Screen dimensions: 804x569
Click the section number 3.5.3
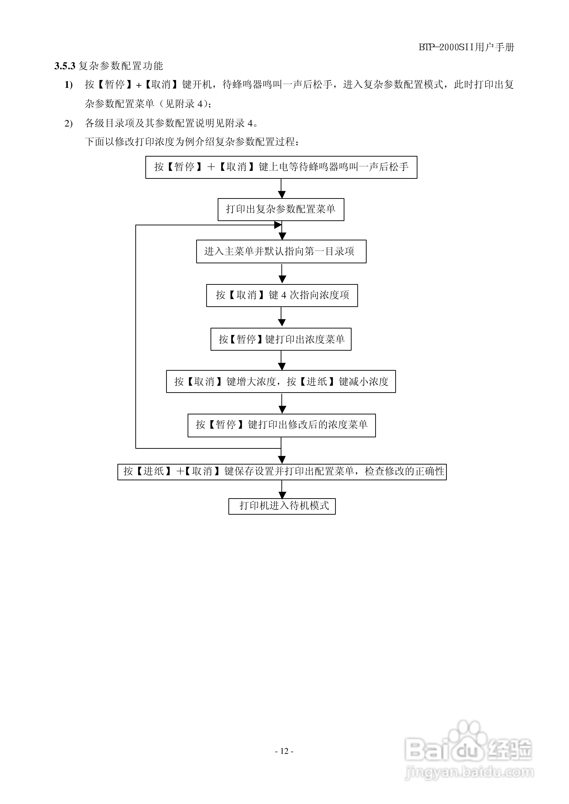65,66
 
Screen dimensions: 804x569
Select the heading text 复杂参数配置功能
121,66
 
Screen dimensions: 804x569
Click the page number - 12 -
284,751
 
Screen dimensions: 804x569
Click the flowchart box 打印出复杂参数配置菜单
281,210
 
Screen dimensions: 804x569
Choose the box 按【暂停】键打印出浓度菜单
281,339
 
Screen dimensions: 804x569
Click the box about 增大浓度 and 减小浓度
281,381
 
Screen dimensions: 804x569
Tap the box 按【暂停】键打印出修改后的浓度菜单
281,425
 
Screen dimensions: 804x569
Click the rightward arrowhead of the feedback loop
278,225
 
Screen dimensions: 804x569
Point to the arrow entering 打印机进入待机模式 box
282,494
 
